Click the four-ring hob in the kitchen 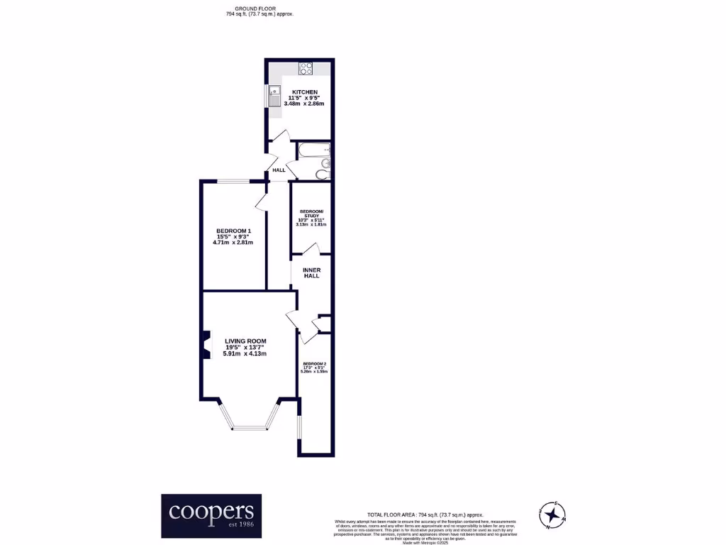pos(306,69)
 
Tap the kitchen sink pos(274,94)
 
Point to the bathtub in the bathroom pos(313,150)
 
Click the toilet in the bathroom pos(322,174)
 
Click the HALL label pos(279,170)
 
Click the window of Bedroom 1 pos(233,182)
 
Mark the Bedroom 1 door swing pos(261,202)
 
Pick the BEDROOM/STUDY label pos(312,214)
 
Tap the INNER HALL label pos(311,272)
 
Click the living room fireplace pos(206,345)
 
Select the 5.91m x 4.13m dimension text pos(245,353)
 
